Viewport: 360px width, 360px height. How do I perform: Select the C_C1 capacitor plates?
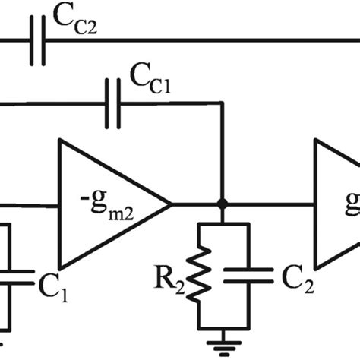112,104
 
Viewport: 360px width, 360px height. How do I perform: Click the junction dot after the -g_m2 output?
221,204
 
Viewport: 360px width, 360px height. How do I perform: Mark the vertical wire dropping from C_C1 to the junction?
221,152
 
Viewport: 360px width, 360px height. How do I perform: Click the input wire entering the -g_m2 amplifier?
30,204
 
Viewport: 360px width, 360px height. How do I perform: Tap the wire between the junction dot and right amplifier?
266,204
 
